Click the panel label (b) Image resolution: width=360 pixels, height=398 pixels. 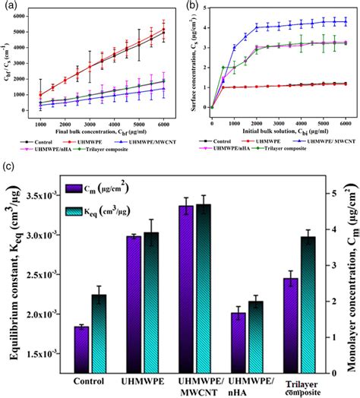(x=191, y=6)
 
